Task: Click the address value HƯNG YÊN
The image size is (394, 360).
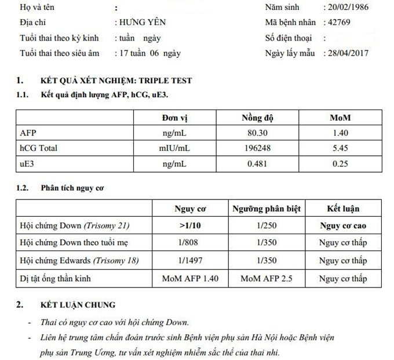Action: (140, 23)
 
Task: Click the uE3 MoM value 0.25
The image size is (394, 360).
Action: (341, 163)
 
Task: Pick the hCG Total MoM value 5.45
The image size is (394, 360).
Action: (341, 148)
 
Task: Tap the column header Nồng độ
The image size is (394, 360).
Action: (257, 118)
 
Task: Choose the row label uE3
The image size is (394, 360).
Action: (28, 163)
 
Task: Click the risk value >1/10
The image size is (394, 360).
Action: (190, 226)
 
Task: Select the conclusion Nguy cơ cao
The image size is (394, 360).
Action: (343, 226)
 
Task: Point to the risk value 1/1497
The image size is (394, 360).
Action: (190, 260)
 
